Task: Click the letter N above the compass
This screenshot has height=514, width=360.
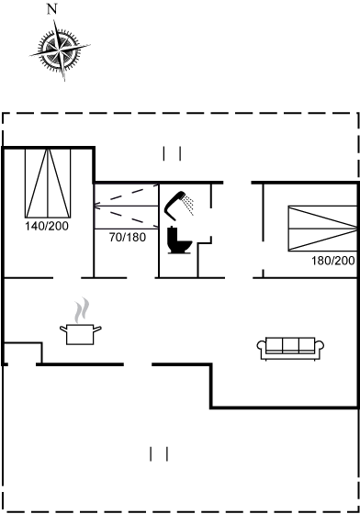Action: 52,9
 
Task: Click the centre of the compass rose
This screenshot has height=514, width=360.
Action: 60,50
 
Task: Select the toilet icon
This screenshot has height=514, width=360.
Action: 179,240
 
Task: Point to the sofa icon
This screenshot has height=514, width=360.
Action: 290,349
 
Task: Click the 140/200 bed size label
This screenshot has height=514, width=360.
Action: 47,226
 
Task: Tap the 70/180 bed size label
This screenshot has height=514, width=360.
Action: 128,237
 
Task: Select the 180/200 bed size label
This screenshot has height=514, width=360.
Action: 333,261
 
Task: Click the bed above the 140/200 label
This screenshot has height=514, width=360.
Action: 48,183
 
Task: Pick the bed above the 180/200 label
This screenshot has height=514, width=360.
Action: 322,229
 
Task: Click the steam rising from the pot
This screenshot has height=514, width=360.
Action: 82,310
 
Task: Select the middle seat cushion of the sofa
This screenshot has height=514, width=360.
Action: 290,344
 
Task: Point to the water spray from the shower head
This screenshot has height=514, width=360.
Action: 189,205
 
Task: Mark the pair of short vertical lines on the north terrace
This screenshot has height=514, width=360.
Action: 172,153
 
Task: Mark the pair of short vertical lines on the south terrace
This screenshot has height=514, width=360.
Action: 159,454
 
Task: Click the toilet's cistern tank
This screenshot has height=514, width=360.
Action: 173,234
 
